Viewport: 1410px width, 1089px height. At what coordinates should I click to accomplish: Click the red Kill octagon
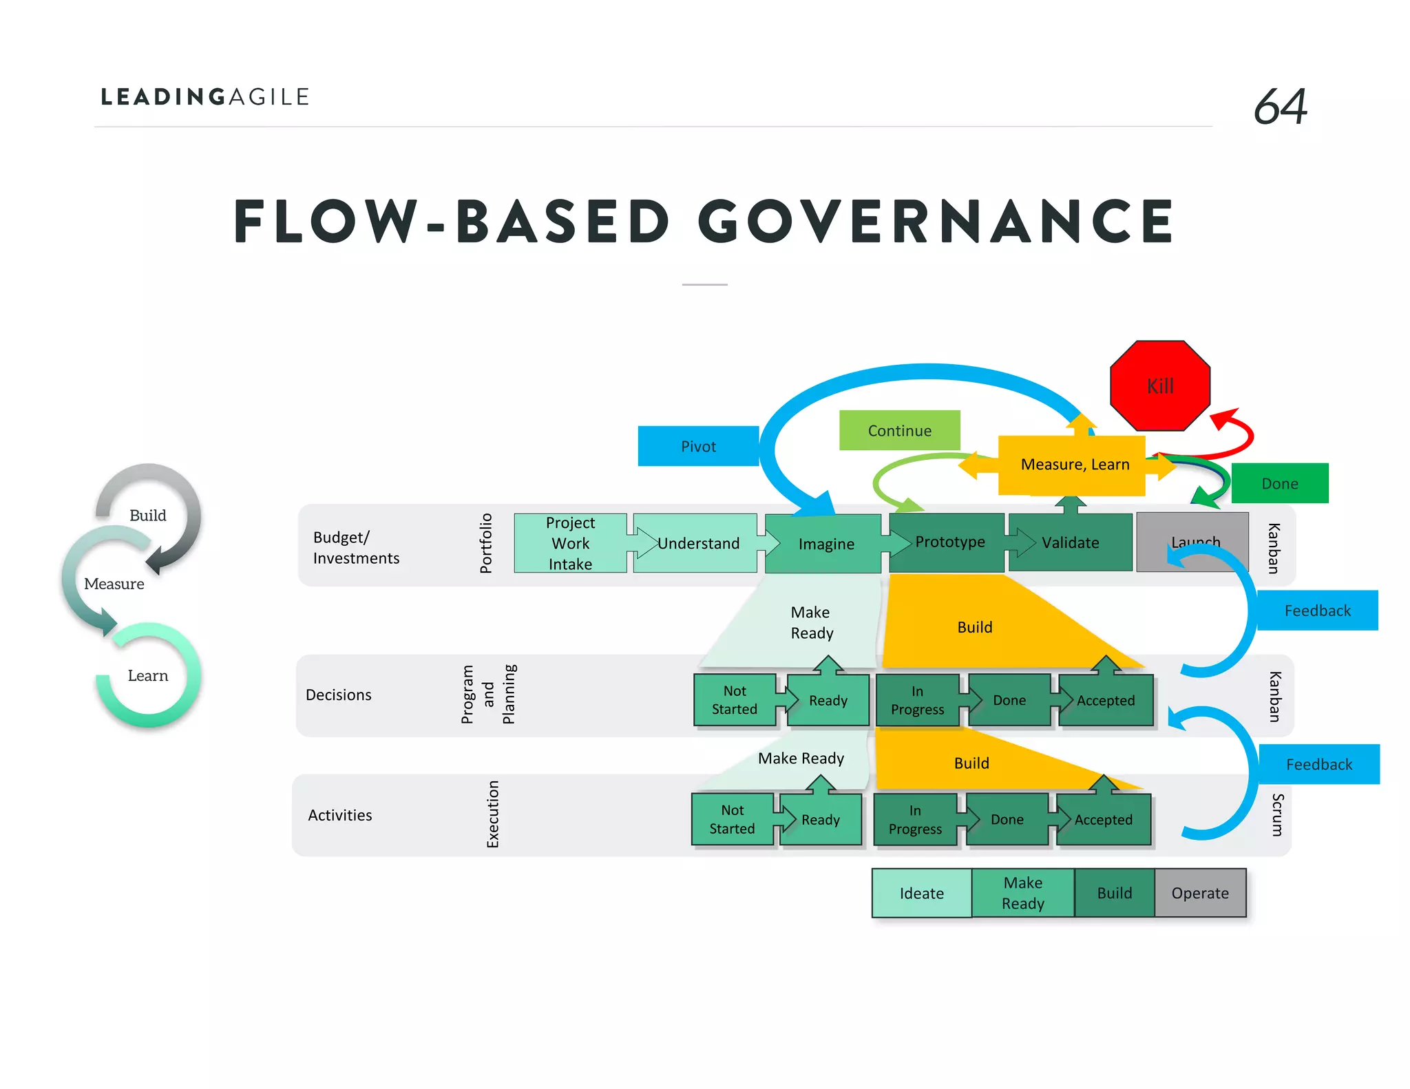coord(1160,385)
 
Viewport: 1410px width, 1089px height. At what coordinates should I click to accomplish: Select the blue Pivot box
coord(698,446)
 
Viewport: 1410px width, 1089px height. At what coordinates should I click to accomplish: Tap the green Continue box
coord(899,430)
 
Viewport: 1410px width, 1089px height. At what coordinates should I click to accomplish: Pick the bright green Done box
coord(1279,483)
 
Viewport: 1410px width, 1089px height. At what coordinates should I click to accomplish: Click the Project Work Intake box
coord(570,543)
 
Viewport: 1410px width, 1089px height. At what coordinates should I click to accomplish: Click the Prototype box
coord(949,542)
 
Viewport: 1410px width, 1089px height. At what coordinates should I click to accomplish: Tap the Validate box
coord(1070,542)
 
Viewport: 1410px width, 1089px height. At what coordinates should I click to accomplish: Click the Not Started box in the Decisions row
coord(734,700)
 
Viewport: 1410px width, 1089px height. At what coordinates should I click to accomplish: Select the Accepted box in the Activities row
coord(1103,819)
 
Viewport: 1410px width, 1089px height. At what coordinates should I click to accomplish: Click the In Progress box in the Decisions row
coord(917,700)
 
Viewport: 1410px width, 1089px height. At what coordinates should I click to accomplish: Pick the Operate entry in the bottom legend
coord(1199,893)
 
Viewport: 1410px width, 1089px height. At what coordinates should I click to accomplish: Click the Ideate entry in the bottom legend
coord(921,893)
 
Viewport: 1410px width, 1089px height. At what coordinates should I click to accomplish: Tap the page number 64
coord(1280,107)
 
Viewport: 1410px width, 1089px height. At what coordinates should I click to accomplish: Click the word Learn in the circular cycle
coord(148,675)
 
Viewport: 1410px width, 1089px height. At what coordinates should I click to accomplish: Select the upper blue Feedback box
coord(1317,611)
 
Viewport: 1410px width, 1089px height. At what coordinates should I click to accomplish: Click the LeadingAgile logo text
coord(205,97)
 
